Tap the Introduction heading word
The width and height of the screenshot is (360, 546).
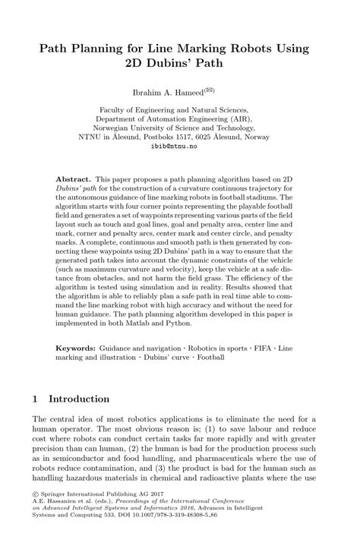[79, 399]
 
